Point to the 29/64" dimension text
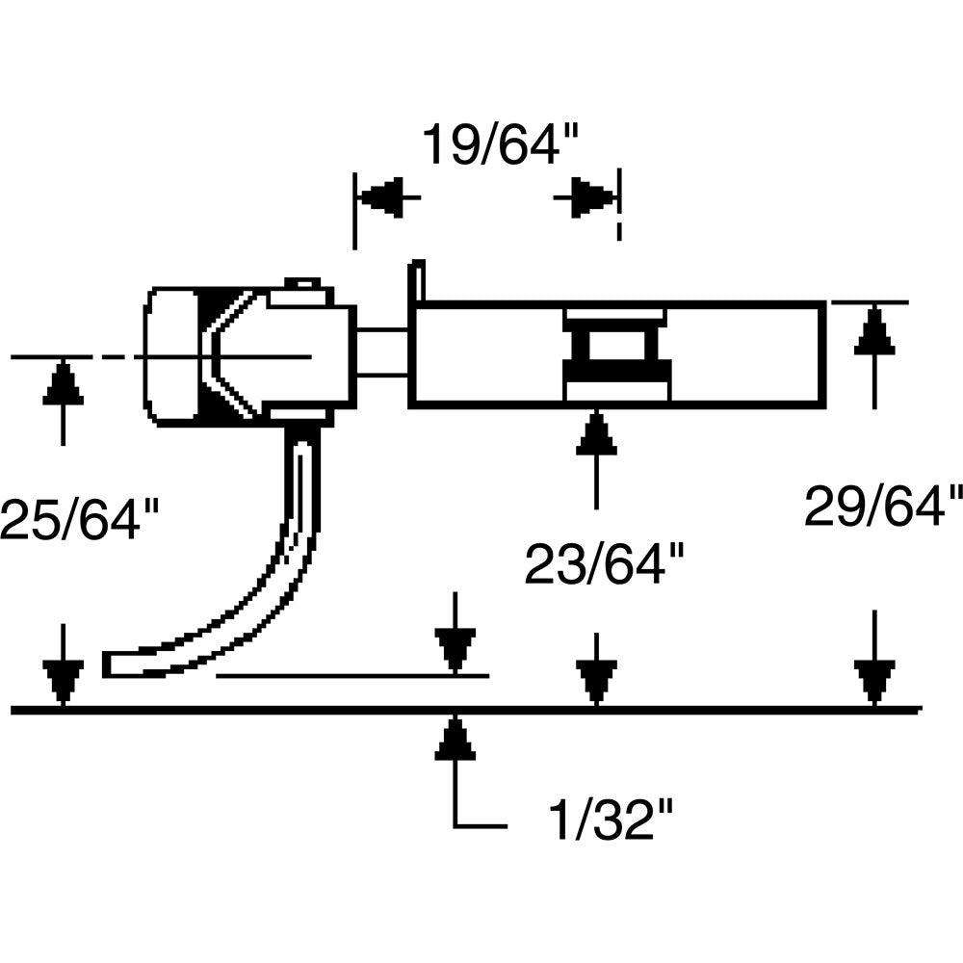883,506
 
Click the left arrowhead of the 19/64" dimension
379,197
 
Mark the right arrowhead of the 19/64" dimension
593,197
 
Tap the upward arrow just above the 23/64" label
596,435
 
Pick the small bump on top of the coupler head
302,283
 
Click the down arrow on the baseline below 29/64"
873,681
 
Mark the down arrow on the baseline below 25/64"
63,681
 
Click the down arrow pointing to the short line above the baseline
455,649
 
